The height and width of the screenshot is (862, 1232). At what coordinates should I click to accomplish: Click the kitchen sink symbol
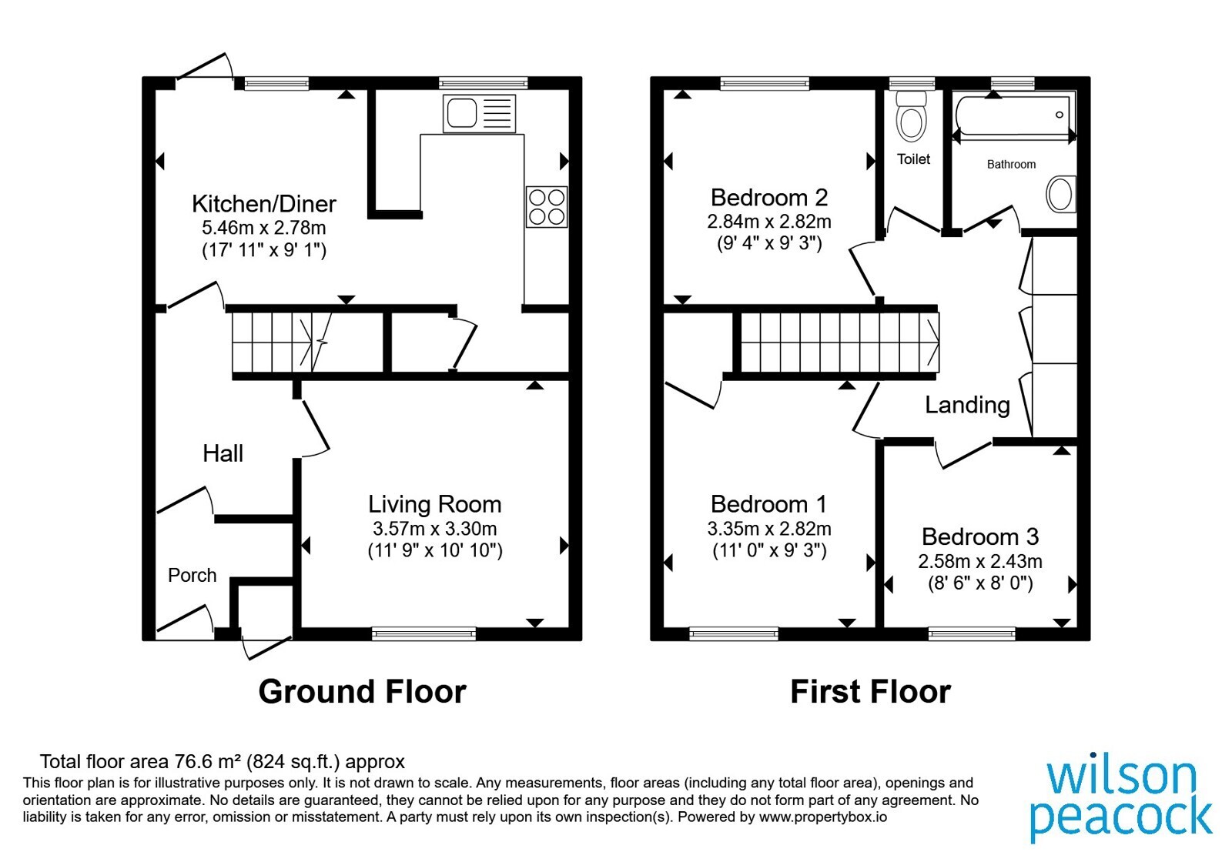tap(479, 114)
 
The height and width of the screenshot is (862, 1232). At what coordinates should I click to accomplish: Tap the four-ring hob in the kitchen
tap(546, 207)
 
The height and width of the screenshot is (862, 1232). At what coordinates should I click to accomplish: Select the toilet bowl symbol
tap(912, 116)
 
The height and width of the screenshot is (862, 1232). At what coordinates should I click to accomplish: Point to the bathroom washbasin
tap(1061, 194)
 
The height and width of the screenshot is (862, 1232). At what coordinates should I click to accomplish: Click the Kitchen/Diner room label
tap(264, 204)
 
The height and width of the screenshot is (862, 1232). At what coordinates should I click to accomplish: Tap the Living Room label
tap(434, 504)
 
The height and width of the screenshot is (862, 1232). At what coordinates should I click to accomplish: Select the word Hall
tap(223, 453)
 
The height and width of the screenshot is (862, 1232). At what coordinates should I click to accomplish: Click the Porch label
tap(192, 575)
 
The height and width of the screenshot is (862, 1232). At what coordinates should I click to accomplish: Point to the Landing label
tap(967, 405)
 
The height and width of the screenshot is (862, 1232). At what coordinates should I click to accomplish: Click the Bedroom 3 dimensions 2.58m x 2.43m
tap(980, 561)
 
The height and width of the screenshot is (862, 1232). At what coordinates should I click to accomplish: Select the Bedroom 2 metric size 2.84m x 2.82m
tap(769, 222)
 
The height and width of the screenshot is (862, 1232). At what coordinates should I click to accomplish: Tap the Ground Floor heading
tap(363, 692)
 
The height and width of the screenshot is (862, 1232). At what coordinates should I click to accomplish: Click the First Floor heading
tap(871, 692)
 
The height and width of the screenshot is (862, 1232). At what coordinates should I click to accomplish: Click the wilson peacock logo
tap(1121, 801)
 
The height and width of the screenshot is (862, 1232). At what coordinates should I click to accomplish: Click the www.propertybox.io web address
tap(823, 817)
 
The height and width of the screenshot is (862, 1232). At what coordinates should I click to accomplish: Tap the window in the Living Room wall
tap(423, 634)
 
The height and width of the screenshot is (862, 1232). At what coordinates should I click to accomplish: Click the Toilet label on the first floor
tap(913, 159)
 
